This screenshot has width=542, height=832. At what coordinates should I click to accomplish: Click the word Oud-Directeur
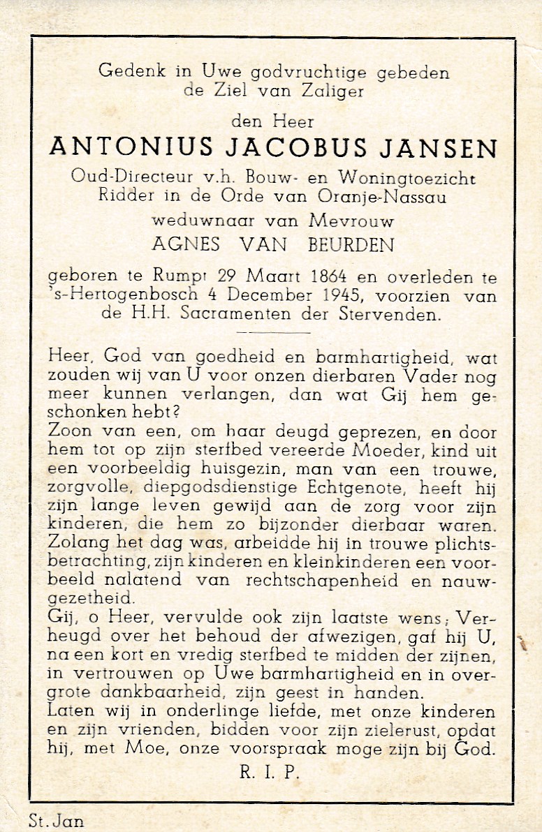pos(116,177)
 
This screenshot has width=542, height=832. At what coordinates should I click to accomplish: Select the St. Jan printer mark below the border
pos(57,820)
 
